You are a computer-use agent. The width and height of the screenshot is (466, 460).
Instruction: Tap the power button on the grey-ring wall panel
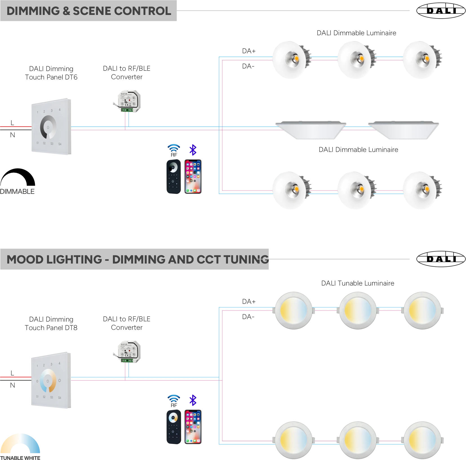(48, 127)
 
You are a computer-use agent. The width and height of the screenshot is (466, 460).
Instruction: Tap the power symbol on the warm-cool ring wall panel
(48, 381)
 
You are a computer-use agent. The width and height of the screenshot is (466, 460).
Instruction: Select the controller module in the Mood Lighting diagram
(127, 352)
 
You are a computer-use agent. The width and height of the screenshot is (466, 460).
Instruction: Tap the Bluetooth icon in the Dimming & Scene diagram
(194, 150)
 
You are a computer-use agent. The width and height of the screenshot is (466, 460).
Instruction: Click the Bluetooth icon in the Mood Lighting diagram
(194, 400)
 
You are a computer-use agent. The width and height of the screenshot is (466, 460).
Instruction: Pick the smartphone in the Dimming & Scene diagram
(194, 177)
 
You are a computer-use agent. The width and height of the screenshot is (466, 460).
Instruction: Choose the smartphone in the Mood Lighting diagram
(194, 427)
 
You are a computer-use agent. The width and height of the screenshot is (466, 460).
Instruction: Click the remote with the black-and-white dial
(173, 177)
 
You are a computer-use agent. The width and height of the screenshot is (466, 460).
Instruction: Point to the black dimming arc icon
(18, 179)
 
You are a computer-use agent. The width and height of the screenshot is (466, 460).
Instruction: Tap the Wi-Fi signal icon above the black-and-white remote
(173, 148)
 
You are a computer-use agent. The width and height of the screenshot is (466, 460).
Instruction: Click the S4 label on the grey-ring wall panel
(60, 144)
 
